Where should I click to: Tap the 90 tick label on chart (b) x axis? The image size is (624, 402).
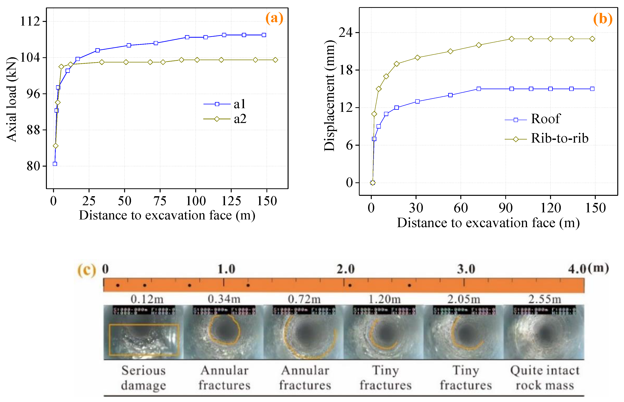(505, 208)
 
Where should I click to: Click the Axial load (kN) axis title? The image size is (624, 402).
(12, 99)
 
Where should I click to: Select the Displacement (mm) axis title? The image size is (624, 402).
(329, 96)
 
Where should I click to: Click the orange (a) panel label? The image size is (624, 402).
(274, 18)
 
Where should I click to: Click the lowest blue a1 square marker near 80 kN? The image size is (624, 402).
(55, 164)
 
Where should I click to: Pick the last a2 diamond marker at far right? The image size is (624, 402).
(275, 60)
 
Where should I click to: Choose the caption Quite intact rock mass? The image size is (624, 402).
(545, 378)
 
